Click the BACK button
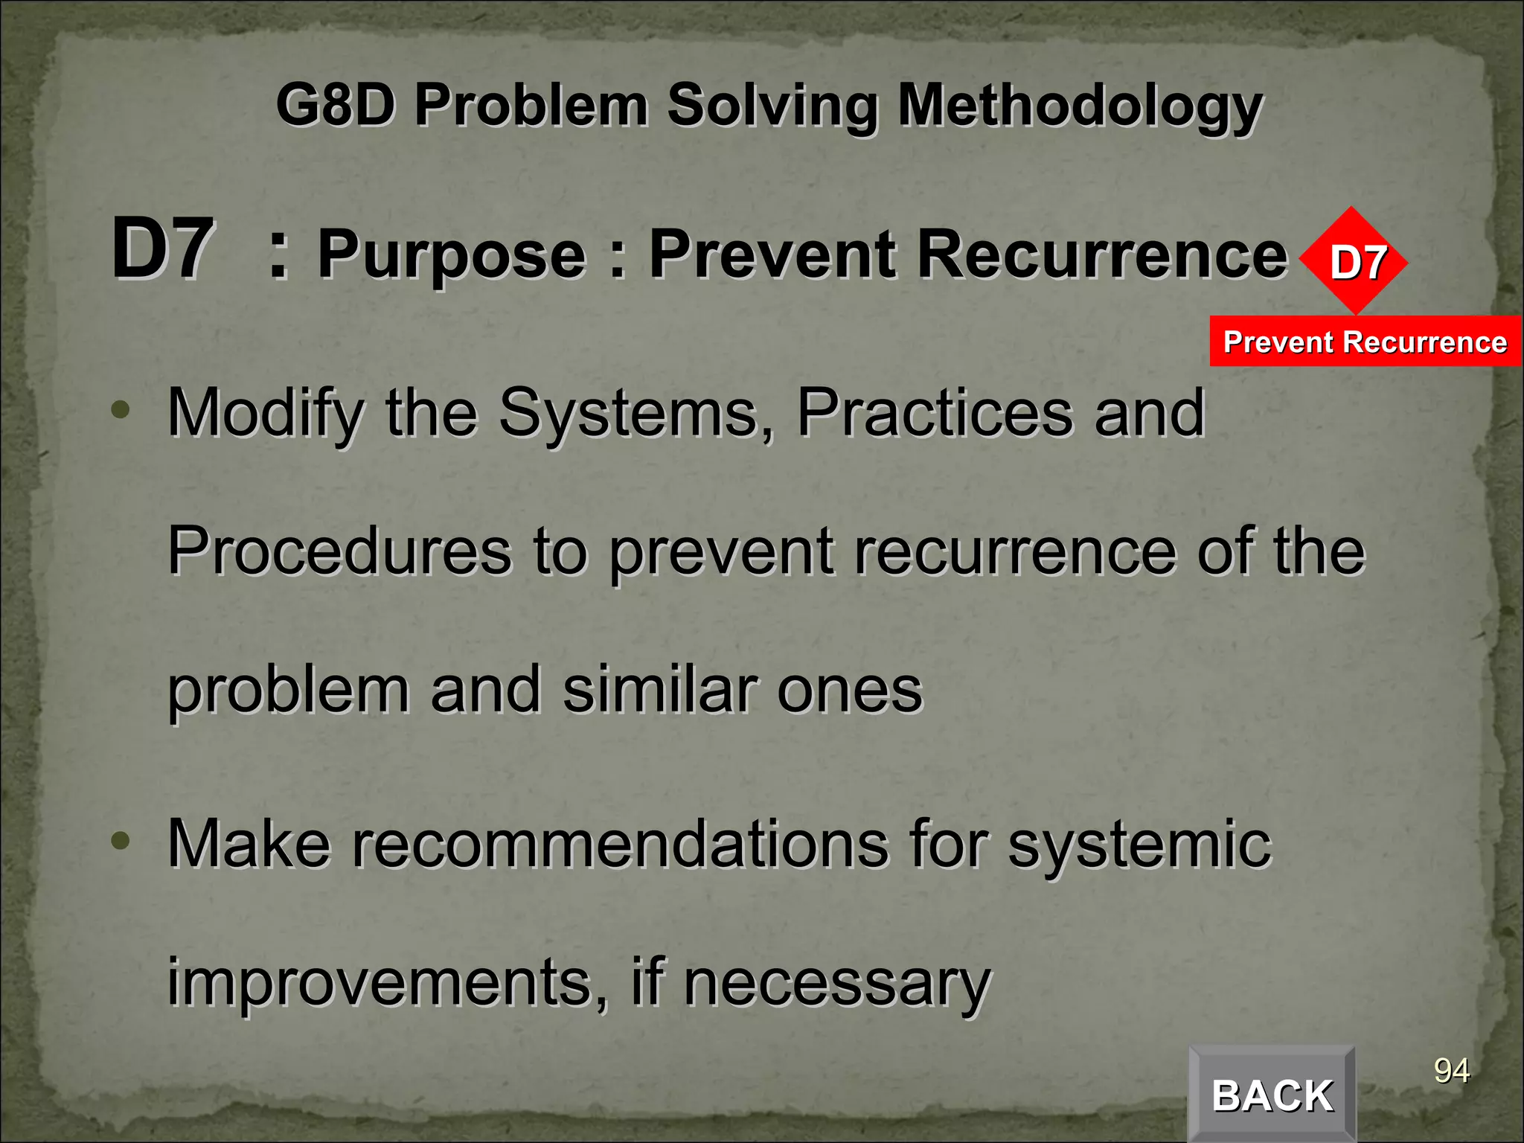pyautogui.click(x=1272, y=1095)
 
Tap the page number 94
pyautogui.click(x=1451, y=1071)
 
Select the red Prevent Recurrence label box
pyautogui.click(x=1365, y=342)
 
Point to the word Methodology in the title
pyautogui.click(x=1080, y=106)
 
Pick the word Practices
pyautogui.click(x=935, y=414)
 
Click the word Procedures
pyautogui.click(x=339, y=552)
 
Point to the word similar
pyautogui.click(x=659, y=691)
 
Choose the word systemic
pyautogui.click(x=1139, y=845)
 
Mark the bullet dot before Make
pyautogui.click(x=120, y=841)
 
